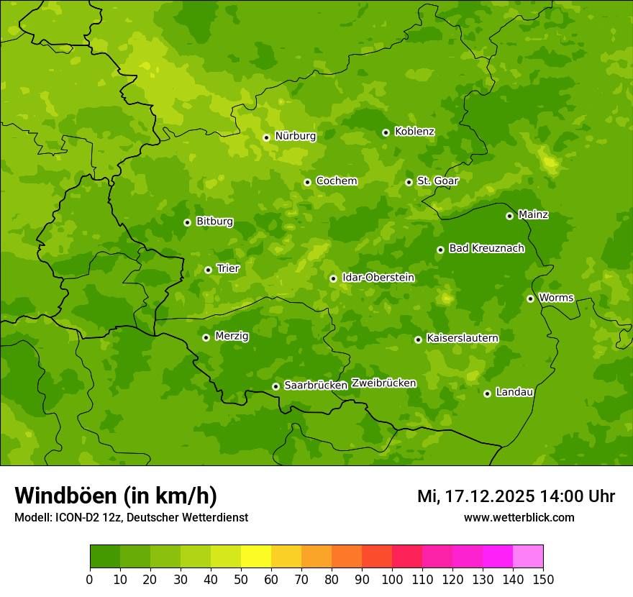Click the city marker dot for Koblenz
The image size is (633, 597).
pyautogui.click(x=386, y=132)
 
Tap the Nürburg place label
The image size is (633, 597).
pyautogui.click(x=295, y=136)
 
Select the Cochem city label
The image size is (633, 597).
pyautogui.click(x=336, y=181)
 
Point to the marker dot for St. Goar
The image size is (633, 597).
pyautogui.click(x=409, y=182)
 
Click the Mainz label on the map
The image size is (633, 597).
pyautogui.click(x=533, y=214)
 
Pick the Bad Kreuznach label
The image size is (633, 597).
pyautogui.click(x=486, y=248)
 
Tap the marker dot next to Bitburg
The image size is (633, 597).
pyautogui.click(x=187, y=222)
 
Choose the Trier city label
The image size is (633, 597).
pyautogui.click(x=228, y=268)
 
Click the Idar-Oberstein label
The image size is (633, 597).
pyautogui.click(x=378, y=277)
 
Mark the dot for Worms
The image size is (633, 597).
pyautogui.click(x=530, y=298)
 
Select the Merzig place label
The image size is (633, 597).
pyautogui.click(x=232, y=336)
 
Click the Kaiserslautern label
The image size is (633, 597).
pyautogui.click(x=463, y=338)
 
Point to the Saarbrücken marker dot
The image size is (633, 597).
pyautogui.click(x=275, y=386)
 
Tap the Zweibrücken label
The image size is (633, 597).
pyautogui.click(x=383, y=383)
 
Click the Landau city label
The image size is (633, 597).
pyautogui.click(x=514, y=392)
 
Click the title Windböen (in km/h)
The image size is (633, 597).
pyautogui.click(x=116, y=496)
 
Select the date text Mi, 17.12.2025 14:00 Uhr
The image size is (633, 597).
pyautogui.click(x=516, y=496)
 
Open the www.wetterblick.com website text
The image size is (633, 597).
pyautogui.click(x=519, y=517)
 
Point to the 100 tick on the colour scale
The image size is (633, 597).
pyautogui.click(x=392, y=579)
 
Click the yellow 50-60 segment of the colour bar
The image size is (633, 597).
pyautogui.click(x=256, y=557)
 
